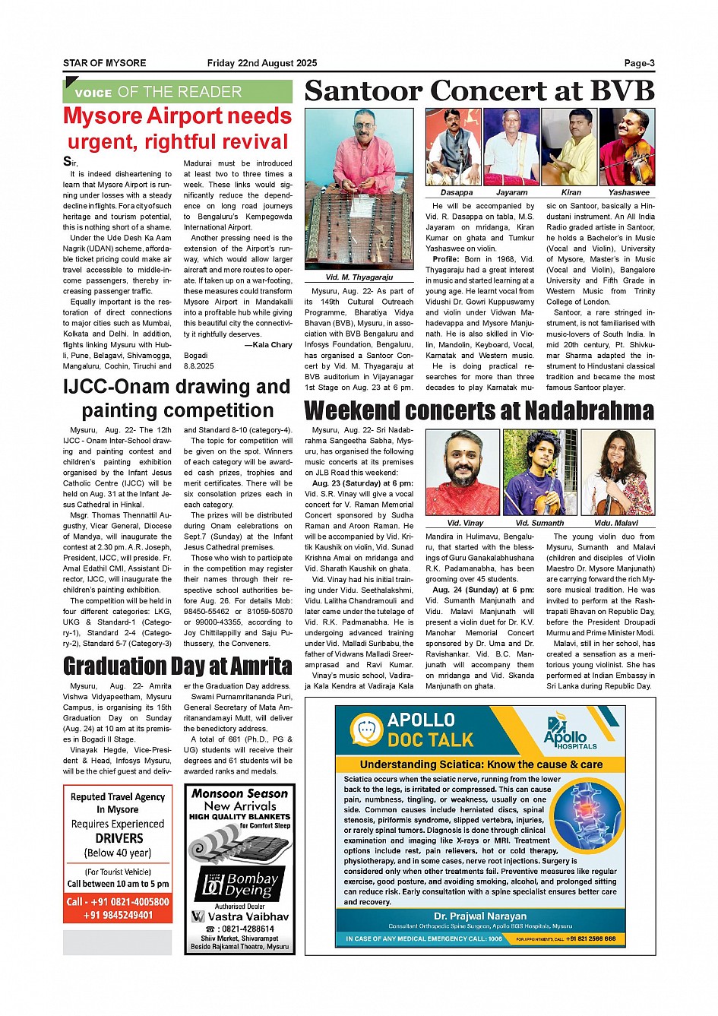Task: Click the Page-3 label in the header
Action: (639, 63)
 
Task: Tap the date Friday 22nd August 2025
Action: (262, 63)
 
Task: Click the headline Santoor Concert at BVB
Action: (479, 90)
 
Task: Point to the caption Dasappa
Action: (456, 192)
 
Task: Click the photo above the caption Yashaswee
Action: (627, 147)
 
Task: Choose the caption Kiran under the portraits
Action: (571, 192)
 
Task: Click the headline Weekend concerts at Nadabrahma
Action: (479, 411)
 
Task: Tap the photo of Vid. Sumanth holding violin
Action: (539, 472)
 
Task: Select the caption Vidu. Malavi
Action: (615, 523)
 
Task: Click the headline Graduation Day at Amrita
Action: (177, 666)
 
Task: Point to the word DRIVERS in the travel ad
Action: (119, 838)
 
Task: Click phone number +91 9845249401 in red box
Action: (119, 915)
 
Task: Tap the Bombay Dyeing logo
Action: (240, 884)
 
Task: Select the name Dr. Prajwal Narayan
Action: (480, 916)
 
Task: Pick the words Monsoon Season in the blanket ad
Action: (240, 793)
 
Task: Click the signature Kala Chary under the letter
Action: (271, 344)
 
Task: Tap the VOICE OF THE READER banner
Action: (177, 92)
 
